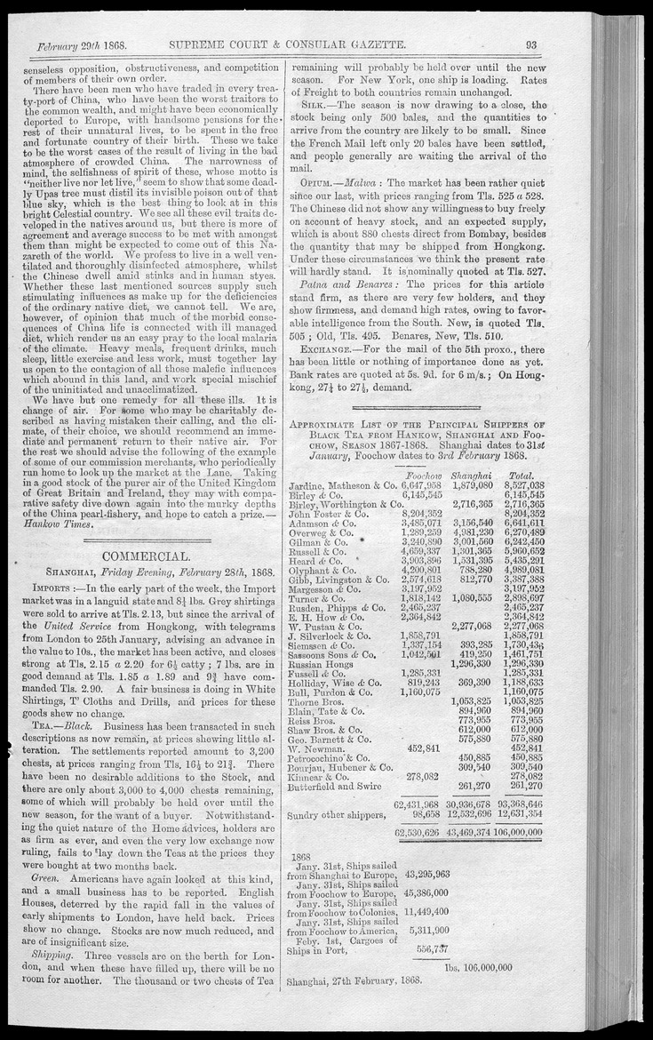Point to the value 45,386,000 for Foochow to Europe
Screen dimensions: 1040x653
click(x=426, y=892)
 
